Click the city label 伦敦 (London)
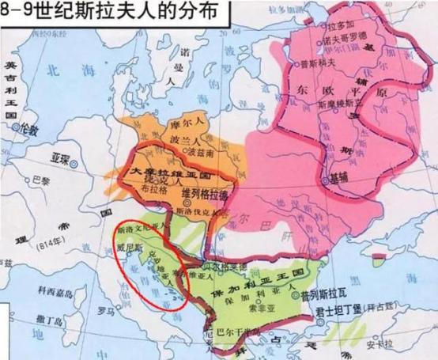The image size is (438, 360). (x=29, y=128)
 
